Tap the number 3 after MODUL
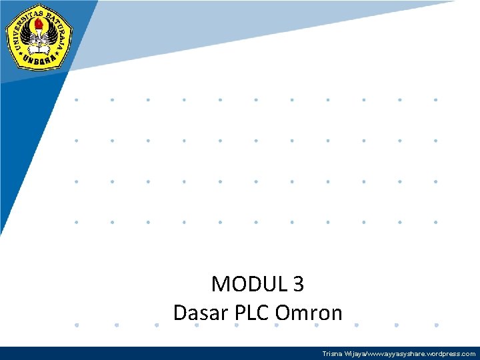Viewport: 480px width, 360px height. pos(298,285)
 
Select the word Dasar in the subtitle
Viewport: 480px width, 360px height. pos(197,313)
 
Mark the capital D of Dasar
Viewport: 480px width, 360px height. pos(180,313)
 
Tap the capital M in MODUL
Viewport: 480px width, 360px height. pos(221,285)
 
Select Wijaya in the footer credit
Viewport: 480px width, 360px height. pos(355,354)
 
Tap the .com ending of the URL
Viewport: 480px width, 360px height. pos(468,354)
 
